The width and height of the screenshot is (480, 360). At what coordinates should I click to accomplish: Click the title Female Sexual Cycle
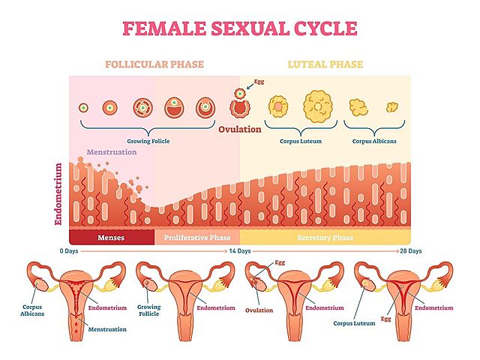click(x=239, y=29)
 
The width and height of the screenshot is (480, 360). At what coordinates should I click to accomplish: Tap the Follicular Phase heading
click(x=153, y=64)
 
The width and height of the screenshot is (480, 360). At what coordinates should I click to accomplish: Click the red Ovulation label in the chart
click(x=240, y=129)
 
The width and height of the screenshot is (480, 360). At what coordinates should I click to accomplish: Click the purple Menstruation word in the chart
click(x=112, y=152)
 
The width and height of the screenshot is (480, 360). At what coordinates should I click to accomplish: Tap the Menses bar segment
click(x=111, y=238)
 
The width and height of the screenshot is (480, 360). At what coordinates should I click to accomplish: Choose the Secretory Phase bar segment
click(x=324, y=238)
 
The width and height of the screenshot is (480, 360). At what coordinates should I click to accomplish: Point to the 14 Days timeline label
click(x=239, y=250)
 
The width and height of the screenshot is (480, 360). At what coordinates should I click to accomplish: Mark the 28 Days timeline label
click(x=410, y=250)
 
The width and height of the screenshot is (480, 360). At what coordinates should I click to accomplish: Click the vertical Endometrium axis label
click(x=59, y=194)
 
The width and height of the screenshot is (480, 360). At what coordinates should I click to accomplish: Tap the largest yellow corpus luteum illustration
click(x=319, y=106)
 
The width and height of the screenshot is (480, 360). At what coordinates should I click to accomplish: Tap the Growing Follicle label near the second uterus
click(x=148, y=311)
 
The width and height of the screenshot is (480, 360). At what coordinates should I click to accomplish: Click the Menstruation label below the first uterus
click(x=106, y=328)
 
